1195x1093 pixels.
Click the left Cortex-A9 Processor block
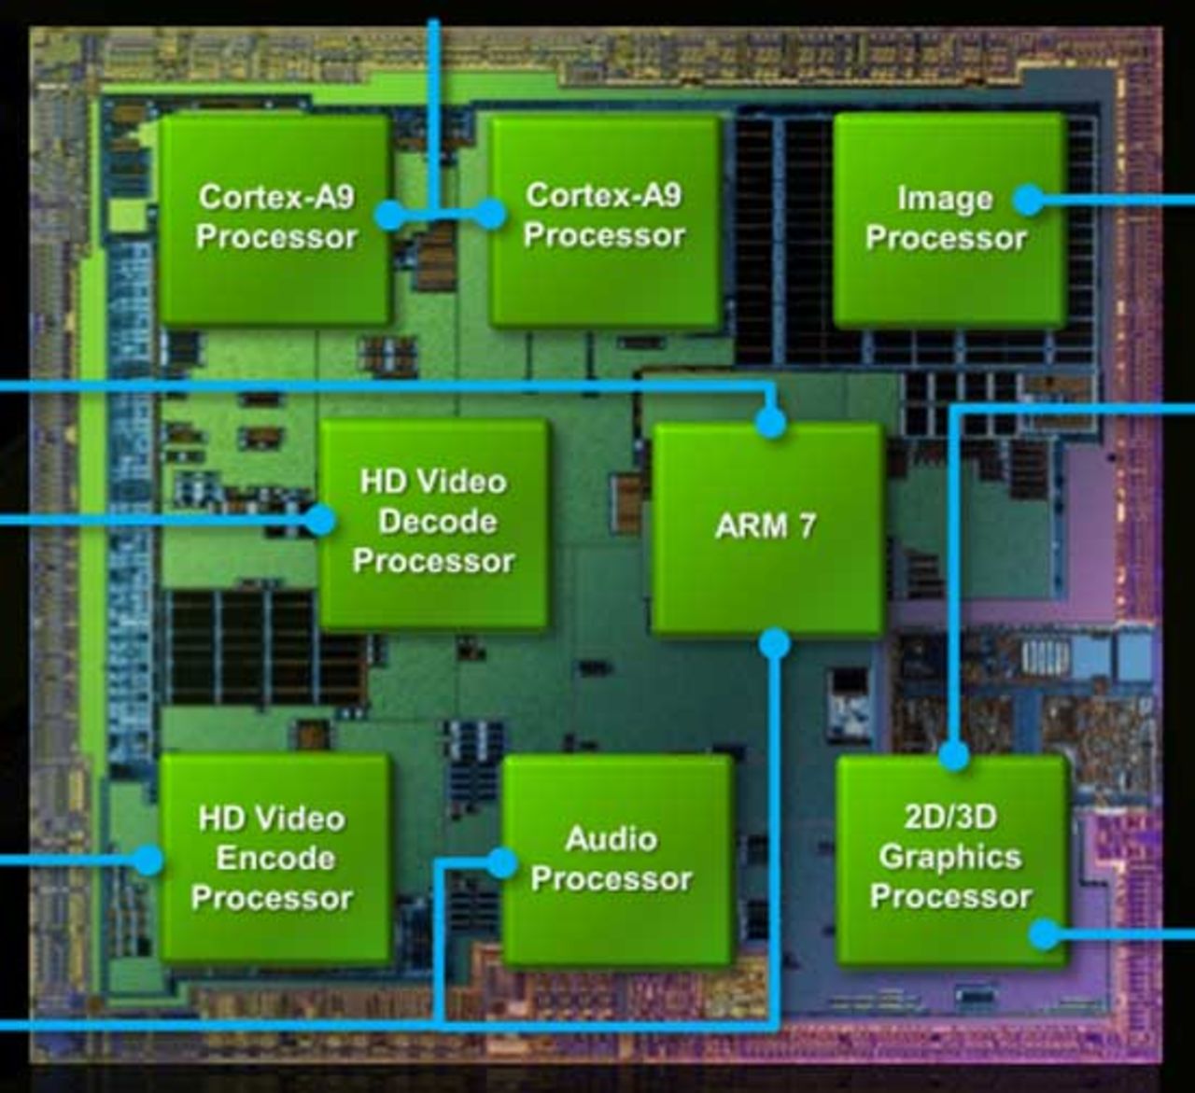tap(274, 218)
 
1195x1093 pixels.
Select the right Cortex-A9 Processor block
tap(605, 218)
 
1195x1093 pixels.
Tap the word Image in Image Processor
tap(945, 199)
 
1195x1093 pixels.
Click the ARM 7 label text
tap(766, 526)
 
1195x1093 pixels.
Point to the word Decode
tap(437, 521)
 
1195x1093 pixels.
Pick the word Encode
tap(275, 858)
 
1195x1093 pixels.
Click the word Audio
tap(612, 838)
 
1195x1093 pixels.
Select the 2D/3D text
tap(950, 817)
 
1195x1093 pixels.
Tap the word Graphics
tap(950, 856)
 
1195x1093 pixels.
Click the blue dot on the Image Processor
tap(1028, 199)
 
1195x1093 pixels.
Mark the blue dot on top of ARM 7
tap(770, 423)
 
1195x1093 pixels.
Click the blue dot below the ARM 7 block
tap(775, 643)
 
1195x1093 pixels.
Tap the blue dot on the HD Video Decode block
tap(320, 520)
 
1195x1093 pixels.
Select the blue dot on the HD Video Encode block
tap(148, 859)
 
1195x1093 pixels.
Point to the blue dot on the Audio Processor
tap(502, 863)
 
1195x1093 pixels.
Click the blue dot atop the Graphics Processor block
tap(953, 755)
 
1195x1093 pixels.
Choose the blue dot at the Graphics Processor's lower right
tap(1045, 933)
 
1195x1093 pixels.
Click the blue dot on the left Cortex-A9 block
tap(390, 216)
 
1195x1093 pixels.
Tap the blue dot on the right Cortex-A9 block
tap(491, 215)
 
